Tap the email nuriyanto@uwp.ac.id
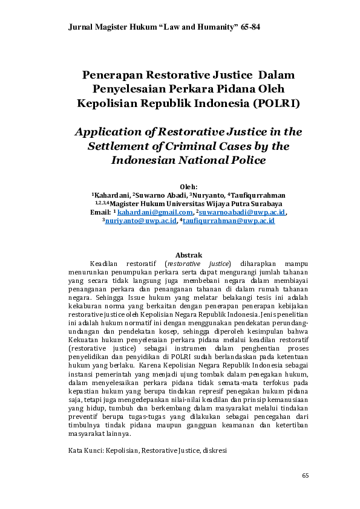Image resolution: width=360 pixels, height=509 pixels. point(141,221)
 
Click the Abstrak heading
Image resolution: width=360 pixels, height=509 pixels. point(188,255)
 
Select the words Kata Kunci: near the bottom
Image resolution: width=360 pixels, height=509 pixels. point(86,450)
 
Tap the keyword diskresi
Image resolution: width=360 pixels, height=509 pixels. point(212,450)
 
